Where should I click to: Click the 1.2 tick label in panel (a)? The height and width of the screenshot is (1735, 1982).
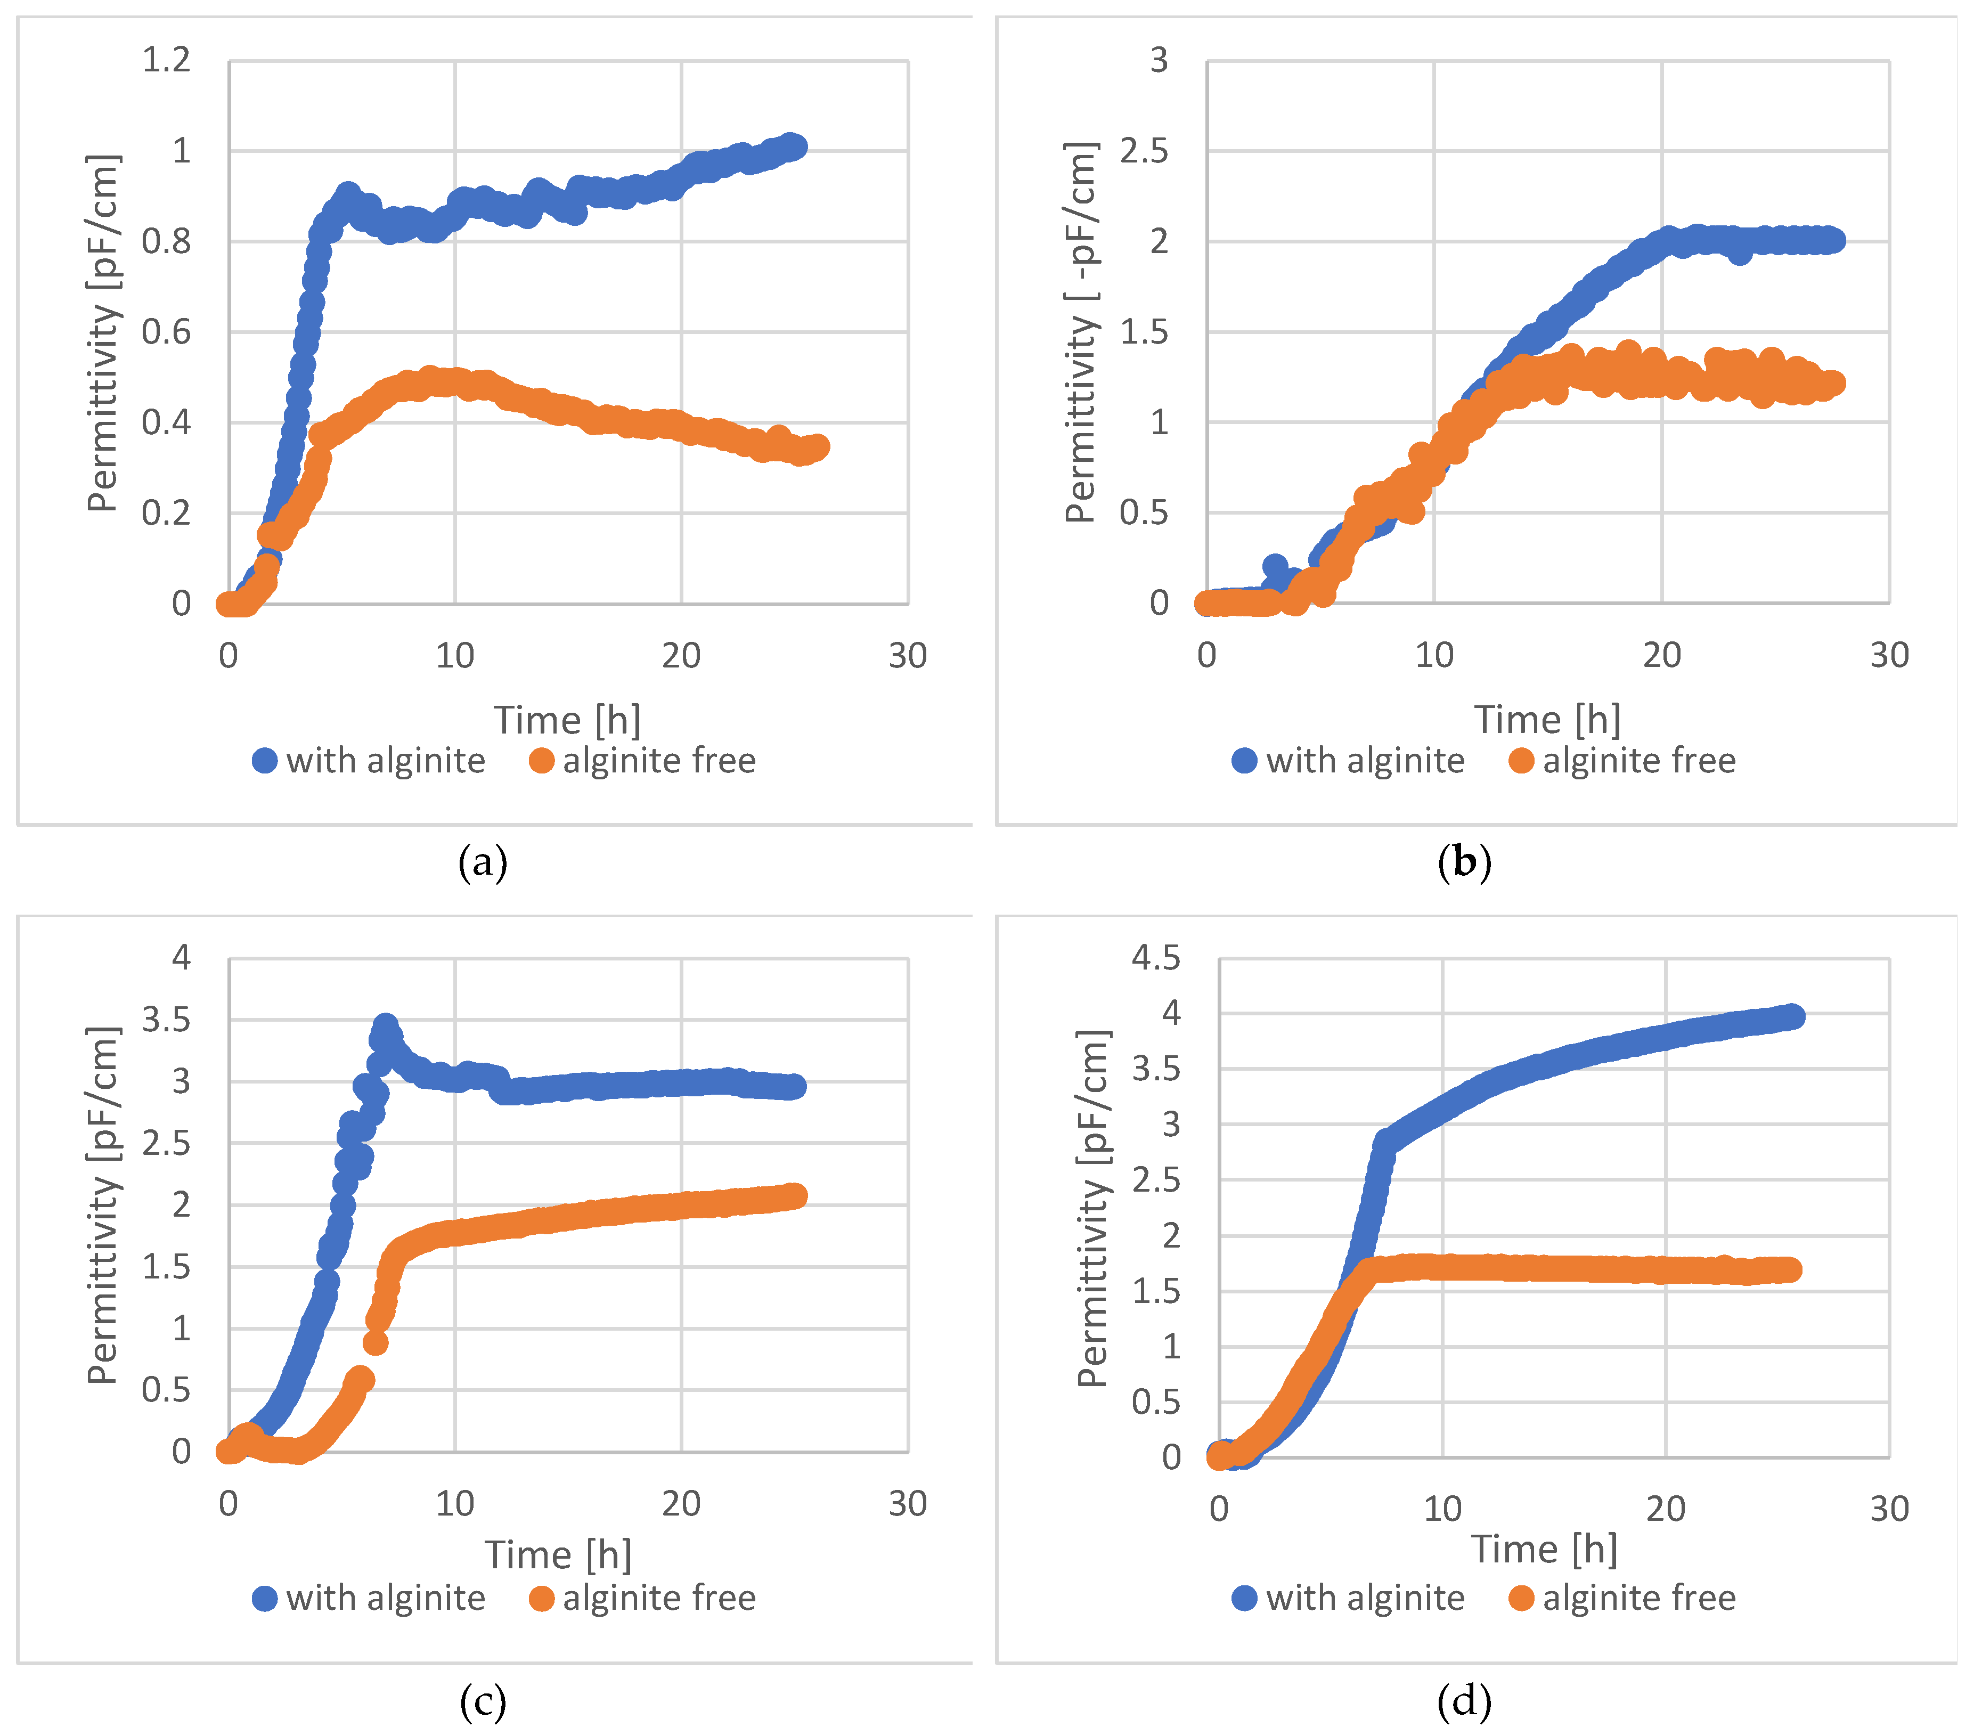[167, 60]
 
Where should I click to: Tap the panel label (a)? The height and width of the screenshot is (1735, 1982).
[482, 861]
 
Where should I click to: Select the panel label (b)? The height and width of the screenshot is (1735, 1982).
[1464, 861]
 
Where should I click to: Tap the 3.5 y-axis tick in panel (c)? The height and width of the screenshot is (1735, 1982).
[167, 1020]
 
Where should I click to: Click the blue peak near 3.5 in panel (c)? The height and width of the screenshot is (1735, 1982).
[385, 1027]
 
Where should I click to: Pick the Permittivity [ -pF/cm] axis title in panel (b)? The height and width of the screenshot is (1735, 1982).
[1081, 332]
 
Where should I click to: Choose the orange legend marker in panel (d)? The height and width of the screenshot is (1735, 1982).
[1521, 1599]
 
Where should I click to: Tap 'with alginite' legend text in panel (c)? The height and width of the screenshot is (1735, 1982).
[385, 1599]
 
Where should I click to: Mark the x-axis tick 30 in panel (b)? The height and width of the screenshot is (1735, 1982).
[1889, 655]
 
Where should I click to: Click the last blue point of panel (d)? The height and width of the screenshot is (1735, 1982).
[1792, 1016]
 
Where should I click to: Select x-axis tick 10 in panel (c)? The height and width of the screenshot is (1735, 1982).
[454, 1504]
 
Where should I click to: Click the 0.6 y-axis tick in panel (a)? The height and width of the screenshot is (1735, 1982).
[167, 332]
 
